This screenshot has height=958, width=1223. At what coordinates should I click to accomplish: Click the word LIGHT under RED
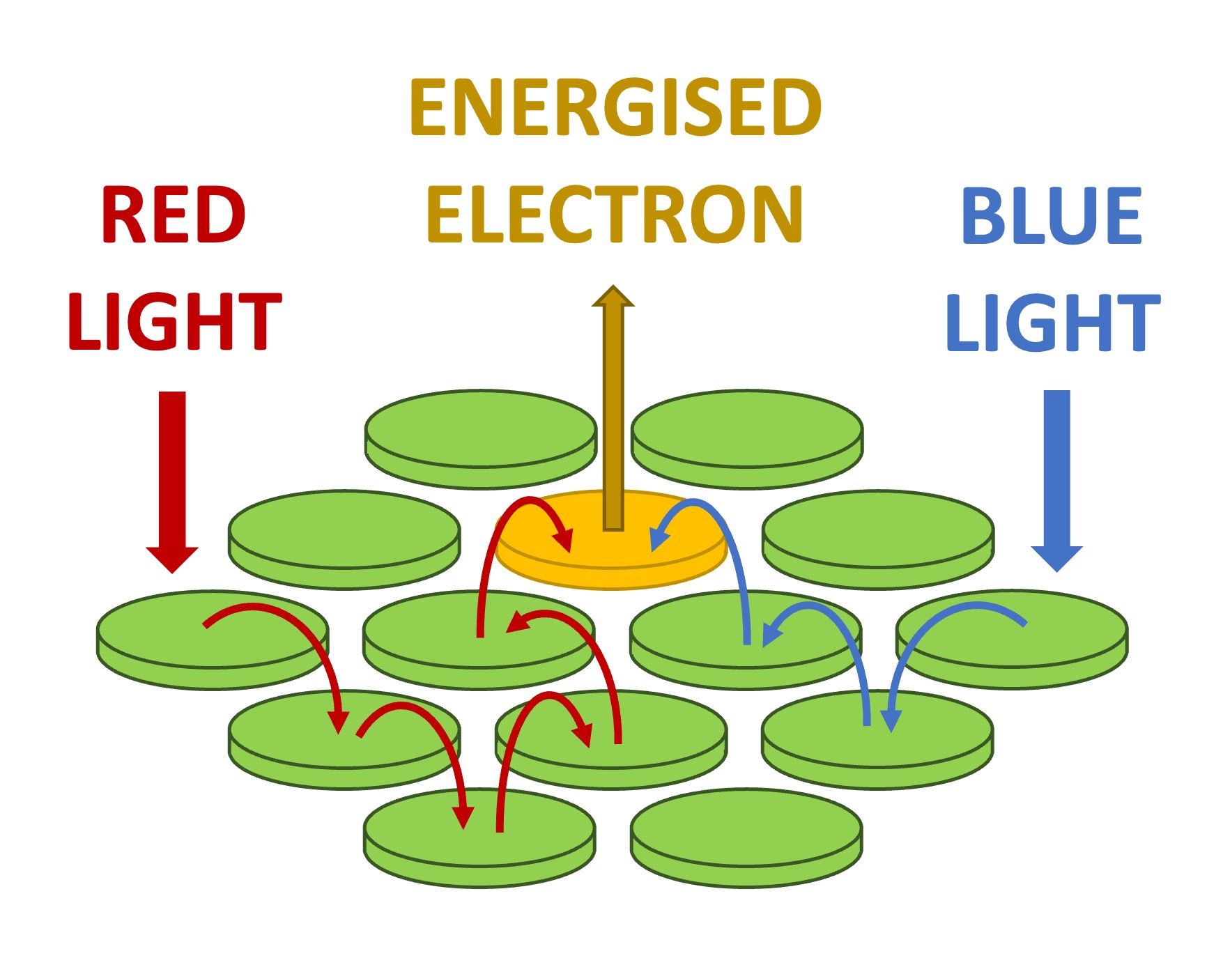click(x=174, y=321)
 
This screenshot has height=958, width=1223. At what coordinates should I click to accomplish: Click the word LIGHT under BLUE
click(x=1052, y=322)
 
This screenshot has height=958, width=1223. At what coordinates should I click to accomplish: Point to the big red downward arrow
click(x=172, y=481)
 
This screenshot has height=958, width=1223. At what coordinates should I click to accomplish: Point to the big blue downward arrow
click(x=1056, y=481)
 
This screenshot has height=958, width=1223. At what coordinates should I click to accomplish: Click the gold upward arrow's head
click(x=613, y=297)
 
